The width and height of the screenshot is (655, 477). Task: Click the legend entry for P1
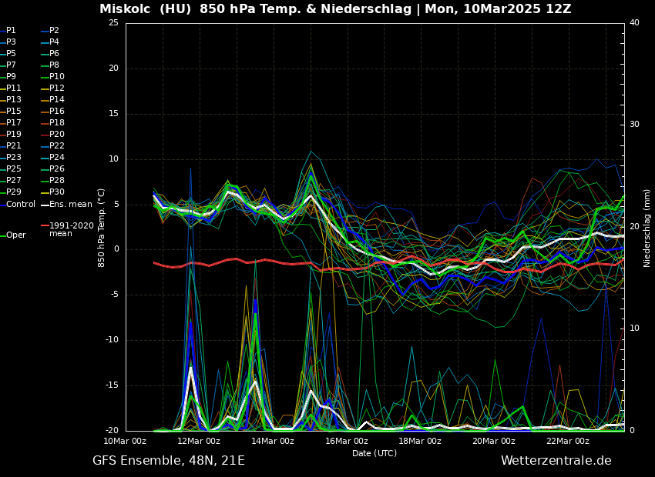[11, 31]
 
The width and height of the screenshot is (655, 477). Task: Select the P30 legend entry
[56, 192]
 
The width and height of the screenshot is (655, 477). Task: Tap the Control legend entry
[21, 204]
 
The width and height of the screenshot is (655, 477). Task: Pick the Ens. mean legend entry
[70, 204]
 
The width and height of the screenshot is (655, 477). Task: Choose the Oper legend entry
[15, 235]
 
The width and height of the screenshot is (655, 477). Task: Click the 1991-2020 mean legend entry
[71, 229]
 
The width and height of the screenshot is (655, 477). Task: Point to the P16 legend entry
[56, 112]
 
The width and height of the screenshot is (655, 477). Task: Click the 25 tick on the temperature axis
[113, 23]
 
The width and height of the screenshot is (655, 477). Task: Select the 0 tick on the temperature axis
[116, 249]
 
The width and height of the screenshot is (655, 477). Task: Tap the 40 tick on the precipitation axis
[634, 23]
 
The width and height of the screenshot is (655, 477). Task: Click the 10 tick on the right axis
[634, 329]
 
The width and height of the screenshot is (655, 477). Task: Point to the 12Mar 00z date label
[199, 441]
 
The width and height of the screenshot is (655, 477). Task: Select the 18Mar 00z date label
[420, 441]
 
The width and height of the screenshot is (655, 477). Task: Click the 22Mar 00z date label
[568, 441]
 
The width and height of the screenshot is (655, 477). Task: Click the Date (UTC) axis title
[375, 453]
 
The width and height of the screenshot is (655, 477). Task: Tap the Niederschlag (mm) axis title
[647, 228]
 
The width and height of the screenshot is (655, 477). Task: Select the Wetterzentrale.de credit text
[556, 461]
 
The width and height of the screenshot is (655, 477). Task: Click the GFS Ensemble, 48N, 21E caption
[169, 461]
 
